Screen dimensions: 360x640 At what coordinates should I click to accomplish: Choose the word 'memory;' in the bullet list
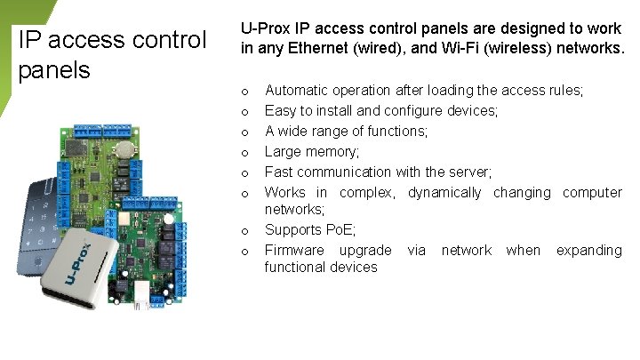[x=332, y=152]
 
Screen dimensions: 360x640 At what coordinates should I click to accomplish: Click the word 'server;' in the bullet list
[x=468, y=172]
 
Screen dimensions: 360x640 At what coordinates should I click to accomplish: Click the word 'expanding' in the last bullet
[x=588, y=251]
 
